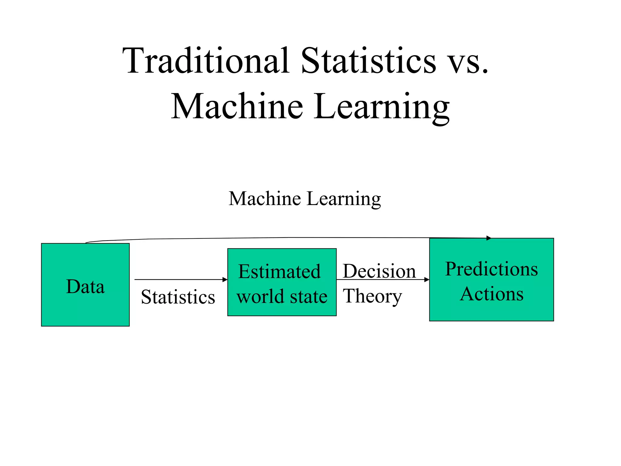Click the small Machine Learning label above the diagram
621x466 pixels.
click(x=305, y=199)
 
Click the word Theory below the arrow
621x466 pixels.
click(x=372, y=296)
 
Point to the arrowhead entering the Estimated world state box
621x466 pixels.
click(x=225, y=279)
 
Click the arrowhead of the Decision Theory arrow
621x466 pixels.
click(x=427, y=279)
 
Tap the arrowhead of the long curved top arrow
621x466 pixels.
click(x=488, y=238)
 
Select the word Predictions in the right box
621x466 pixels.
click(x=491, y=269)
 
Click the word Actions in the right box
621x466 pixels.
click(x=492, y=294)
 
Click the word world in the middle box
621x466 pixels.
click(x=260, y=296)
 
